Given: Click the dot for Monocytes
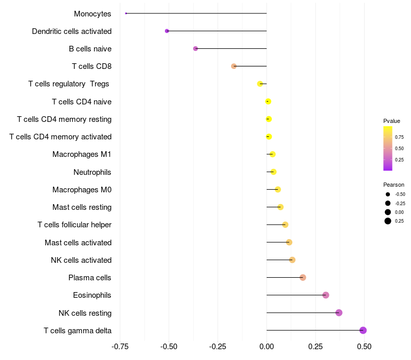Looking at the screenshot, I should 126,13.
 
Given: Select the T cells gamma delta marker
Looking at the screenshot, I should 363,330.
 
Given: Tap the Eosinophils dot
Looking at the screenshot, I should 326,295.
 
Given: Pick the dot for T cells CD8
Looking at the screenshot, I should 234,66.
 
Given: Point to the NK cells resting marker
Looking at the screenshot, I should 339,313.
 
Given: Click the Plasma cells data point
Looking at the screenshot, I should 303,278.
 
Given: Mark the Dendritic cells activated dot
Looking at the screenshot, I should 167,31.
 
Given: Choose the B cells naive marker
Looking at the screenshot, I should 195,49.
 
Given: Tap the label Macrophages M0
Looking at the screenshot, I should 82,190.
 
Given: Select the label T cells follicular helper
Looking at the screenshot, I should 74,225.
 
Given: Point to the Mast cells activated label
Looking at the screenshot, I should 78,242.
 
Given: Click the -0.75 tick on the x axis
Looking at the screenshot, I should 120,347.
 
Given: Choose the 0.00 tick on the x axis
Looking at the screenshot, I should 267,347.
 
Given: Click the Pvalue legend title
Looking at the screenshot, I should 391,121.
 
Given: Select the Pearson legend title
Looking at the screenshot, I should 394,185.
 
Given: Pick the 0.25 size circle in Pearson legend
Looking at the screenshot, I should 388,221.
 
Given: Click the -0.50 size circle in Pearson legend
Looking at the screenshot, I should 388,194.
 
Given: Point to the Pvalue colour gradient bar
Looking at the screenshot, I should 388,148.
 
